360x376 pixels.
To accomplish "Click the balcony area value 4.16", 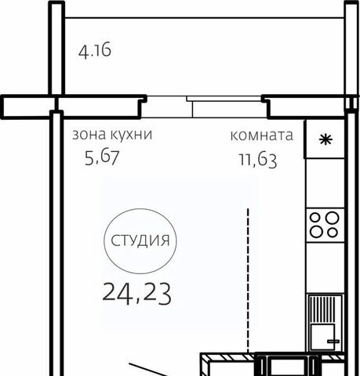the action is tap(95, 51).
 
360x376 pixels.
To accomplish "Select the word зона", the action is tap(89, 135).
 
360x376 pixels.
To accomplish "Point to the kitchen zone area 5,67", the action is tap(102, 157).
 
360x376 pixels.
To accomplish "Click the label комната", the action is tap(262, 136).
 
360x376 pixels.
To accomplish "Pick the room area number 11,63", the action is tap(258, 161).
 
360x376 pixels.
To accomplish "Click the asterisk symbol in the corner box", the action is tap(325, 140).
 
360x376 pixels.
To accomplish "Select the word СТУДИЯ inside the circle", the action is tap(140, 240).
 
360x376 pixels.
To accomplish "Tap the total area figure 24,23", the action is tap(137, 294).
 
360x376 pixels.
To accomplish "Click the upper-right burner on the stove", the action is tap(333, 218).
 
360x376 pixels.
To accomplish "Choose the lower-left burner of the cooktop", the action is tap(316, 232).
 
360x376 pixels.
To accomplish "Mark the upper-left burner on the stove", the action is tap(316, 217).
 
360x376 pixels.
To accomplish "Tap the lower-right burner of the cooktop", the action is tap(333, 232).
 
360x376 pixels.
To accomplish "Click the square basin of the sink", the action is tap(322, 336).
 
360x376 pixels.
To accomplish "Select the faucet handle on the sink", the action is tap(333, 342).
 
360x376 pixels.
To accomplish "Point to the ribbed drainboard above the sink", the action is tap(325, 309).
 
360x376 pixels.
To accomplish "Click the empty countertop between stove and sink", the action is tap(325, 267).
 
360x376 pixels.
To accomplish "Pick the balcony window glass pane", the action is tap(224, 99).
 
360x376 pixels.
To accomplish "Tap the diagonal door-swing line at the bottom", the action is tap(148, 370).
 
